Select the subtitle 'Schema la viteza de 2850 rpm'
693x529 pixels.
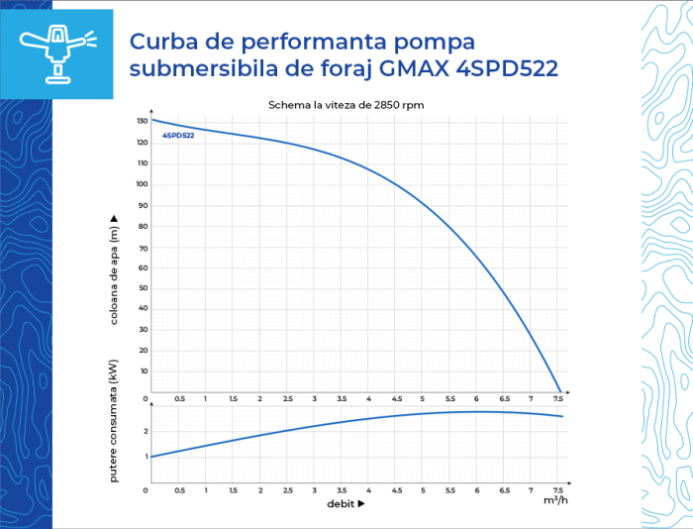[x=346, y=105]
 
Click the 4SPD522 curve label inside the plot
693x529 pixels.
[x=178, y=135]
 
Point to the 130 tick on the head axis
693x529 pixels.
[x=142, y=121]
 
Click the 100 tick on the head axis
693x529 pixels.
[x=142, y=184]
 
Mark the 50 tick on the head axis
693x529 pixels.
[x=143, y=288]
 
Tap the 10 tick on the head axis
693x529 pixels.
[x=143, y=371]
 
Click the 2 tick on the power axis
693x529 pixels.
[x=145, y=431]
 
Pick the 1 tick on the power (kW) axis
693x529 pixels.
[x=145, y=457]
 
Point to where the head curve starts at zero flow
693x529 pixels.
[x=150, y=119]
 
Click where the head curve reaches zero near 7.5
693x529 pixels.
[x=560, y=393]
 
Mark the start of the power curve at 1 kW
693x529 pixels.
[x=150, y=456]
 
